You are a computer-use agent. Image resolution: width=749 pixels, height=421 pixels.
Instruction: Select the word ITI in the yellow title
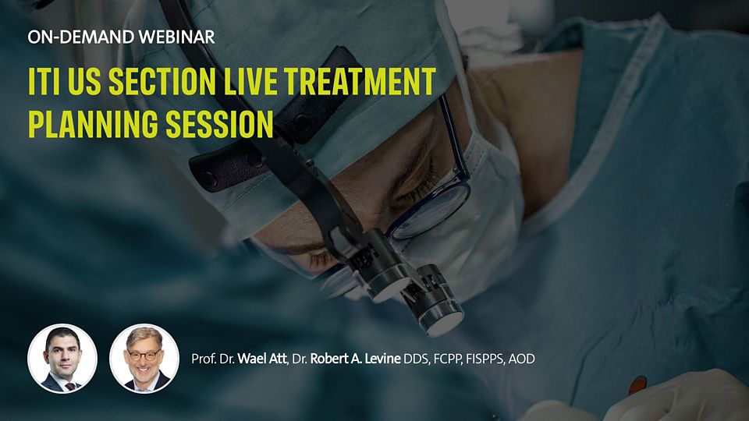(x=44, y=81)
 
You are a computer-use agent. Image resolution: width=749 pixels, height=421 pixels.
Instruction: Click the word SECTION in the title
(x=162, y=81)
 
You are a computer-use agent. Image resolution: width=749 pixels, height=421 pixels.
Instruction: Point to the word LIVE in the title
(x=250, y=81)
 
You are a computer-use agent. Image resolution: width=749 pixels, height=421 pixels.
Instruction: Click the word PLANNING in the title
(x=93, y=124)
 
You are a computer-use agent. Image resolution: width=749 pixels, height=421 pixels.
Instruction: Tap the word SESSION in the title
(x=219, y=124)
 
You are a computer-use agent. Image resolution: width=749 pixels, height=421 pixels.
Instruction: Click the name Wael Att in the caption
(x=262, y=359)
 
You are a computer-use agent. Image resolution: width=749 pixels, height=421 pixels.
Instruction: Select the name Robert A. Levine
(x=355, y=359)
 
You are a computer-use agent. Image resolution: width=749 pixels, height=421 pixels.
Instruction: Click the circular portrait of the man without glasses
(x=62, y=359)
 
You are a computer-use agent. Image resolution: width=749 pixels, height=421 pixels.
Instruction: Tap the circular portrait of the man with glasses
(x=144, y=359)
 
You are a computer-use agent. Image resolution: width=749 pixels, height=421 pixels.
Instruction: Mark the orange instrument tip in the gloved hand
(x=637, y=384)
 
